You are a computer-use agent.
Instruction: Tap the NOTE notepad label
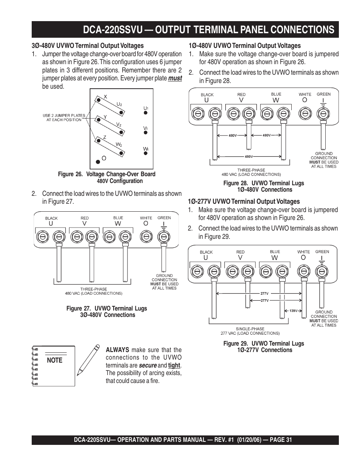55,360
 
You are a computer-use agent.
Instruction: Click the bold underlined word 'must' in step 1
175,78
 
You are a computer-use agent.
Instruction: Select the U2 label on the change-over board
119,104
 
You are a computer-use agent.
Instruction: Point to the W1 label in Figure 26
146,149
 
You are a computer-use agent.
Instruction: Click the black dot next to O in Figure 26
98,161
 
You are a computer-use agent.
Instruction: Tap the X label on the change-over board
106,97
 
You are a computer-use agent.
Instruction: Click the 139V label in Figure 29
293,311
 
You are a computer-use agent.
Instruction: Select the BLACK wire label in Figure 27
51,218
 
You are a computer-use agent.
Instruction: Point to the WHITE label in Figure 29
303,252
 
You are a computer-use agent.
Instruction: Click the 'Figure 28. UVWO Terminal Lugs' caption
263,183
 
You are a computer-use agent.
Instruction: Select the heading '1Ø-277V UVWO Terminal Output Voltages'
244,201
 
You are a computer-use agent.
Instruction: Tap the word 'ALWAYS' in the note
117,350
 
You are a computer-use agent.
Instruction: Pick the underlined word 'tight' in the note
174,365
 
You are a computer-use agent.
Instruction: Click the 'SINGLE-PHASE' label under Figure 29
250,329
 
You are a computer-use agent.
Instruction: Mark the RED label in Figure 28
242,95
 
